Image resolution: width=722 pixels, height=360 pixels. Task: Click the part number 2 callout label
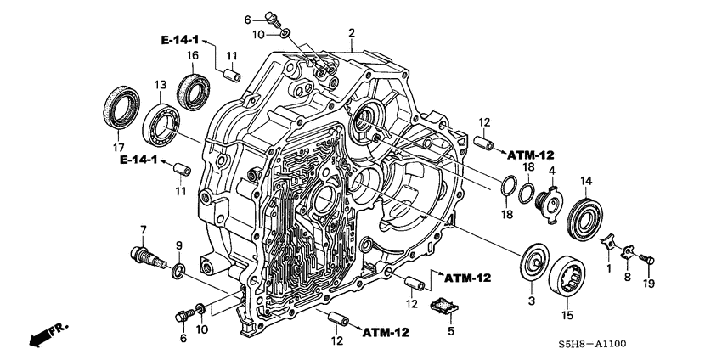click(351, 33)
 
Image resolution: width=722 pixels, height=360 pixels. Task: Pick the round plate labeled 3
click(534, 262)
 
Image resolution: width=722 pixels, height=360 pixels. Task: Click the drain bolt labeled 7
click(143, 254)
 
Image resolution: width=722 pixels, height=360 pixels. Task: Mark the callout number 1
click(608, 267)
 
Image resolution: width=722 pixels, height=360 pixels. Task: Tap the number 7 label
click(144, 229)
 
